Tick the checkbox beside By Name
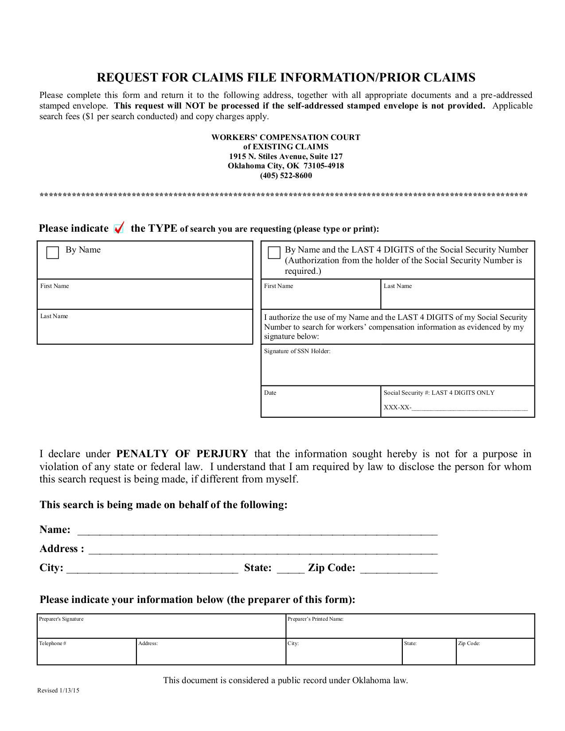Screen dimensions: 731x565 tap(53, 253)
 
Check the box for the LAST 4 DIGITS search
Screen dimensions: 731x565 tap(274, 253)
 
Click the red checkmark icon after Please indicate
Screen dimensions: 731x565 tap(119, 228)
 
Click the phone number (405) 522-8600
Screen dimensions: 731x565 tap(286, 175)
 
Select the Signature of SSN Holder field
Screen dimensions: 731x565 tap(397, 368)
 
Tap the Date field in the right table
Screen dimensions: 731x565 tap(320, 404)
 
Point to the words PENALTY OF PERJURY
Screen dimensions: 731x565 tap(182, 454)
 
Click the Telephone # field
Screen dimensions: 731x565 tap(86, 654)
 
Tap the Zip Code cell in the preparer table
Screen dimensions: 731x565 tap(495, 654)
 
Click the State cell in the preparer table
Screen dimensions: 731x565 tap(429, 654)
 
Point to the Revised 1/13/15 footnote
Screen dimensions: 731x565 tap(58, 690)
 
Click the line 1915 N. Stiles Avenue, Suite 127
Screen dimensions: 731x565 tap(286, 156)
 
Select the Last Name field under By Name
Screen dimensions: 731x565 tap(144, 329)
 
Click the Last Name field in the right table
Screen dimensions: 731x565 tap(457, 297)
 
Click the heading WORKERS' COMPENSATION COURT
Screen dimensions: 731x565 tap(286, 137)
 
